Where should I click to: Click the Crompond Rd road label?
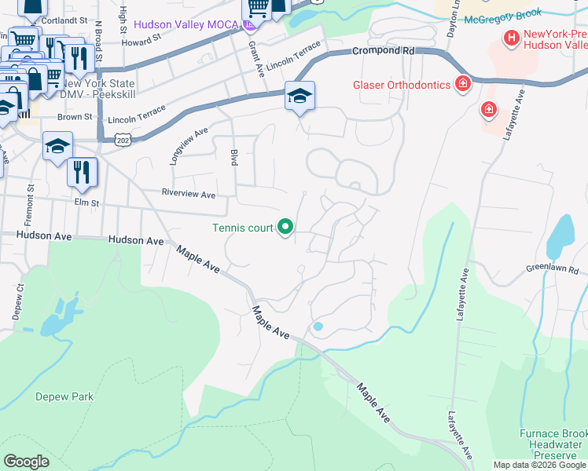(382, 51)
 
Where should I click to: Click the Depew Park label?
(64, 396)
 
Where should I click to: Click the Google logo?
(26, 461)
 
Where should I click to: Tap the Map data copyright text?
(538, 465)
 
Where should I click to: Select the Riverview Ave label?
(188, 194)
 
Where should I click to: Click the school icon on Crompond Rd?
(300, 96)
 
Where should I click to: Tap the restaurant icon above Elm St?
(83, 172)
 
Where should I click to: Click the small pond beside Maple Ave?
(318, 326)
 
